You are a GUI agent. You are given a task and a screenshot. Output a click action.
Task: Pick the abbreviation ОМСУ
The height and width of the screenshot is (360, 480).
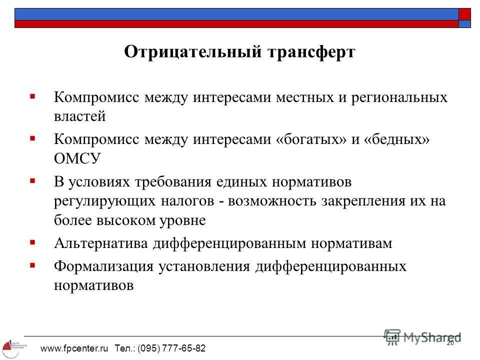pyautogui.click(x=78, y=159)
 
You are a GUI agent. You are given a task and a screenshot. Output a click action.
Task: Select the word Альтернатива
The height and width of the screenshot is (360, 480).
pyautogui.click(x=101, y=243)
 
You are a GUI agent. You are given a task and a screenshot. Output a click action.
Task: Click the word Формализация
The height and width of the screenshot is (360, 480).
pyautogui.click(x=103, y=266)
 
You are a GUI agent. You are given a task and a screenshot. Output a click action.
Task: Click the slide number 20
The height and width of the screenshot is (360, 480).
pyautogui.click(x=449, y=342)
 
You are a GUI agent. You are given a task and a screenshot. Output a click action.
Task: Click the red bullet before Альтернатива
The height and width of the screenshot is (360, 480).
pyautogui.click(x=32, y=242)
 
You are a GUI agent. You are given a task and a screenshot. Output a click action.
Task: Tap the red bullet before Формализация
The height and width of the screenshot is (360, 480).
pyautogui.click(x=32, y=265)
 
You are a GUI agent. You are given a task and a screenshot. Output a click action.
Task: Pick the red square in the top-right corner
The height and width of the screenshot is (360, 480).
pyautogui.click(x=465, y=13)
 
